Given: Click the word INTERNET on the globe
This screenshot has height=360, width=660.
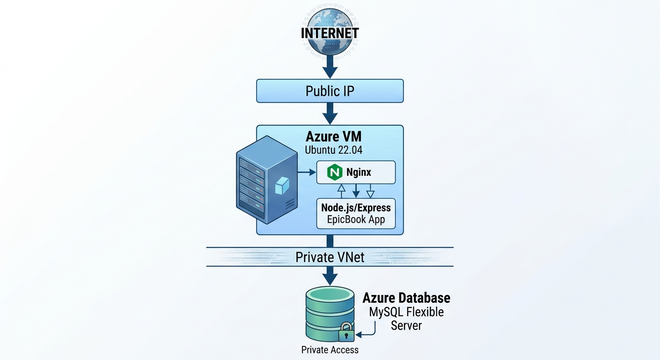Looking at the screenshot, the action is pyautogui.click(x=330, y=33).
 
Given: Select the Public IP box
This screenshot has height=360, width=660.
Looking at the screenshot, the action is pyautogui.click(x=330, y=91).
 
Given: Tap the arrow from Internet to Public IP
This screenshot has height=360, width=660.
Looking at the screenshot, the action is pyautogui.click(x=330, y=67).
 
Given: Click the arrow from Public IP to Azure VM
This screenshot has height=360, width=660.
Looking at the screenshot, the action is pyautogui.click(x=330, y=114).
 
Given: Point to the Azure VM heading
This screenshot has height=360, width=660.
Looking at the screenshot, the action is pyautogui.click(x=334, y=136).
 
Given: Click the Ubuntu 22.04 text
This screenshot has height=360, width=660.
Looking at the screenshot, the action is pyautogui.click(x=334, y=150).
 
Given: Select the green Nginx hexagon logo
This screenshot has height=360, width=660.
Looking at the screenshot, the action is pyautogui.click(x=335, y=172).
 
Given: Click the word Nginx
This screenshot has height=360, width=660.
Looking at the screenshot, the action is pyautogui.click(x=359, y=172).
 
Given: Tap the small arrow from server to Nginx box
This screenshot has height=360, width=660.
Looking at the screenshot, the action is pyautogui.click(x=307, y=172).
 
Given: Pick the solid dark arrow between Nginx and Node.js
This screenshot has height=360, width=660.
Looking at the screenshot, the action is pyautogui.click(x=356, y=191).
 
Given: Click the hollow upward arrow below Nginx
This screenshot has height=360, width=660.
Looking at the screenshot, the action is pyautogui.click(x=341, y=191).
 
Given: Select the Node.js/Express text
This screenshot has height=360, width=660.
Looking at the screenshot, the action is pyautogui.click(x=356, y=208).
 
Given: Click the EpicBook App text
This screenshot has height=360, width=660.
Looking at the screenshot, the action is pyautogui.click(x=356, y=219).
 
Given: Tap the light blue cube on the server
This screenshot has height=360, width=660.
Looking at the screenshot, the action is pyautogui.click(x=282, y=186).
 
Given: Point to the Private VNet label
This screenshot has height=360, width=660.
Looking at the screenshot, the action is pyautogui.click(x=330, y=257).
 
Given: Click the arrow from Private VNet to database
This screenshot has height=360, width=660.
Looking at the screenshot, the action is pyautogui.click(x=330, y=276).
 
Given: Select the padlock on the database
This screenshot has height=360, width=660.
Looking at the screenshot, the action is pyautogui.click(x=346, y=332).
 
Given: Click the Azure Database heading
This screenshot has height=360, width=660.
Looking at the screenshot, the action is pyautogui.click(x=406, y=298).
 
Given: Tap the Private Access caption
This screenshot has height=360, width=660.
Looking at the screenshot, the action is pyautogui.click(x=330, y=350).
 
